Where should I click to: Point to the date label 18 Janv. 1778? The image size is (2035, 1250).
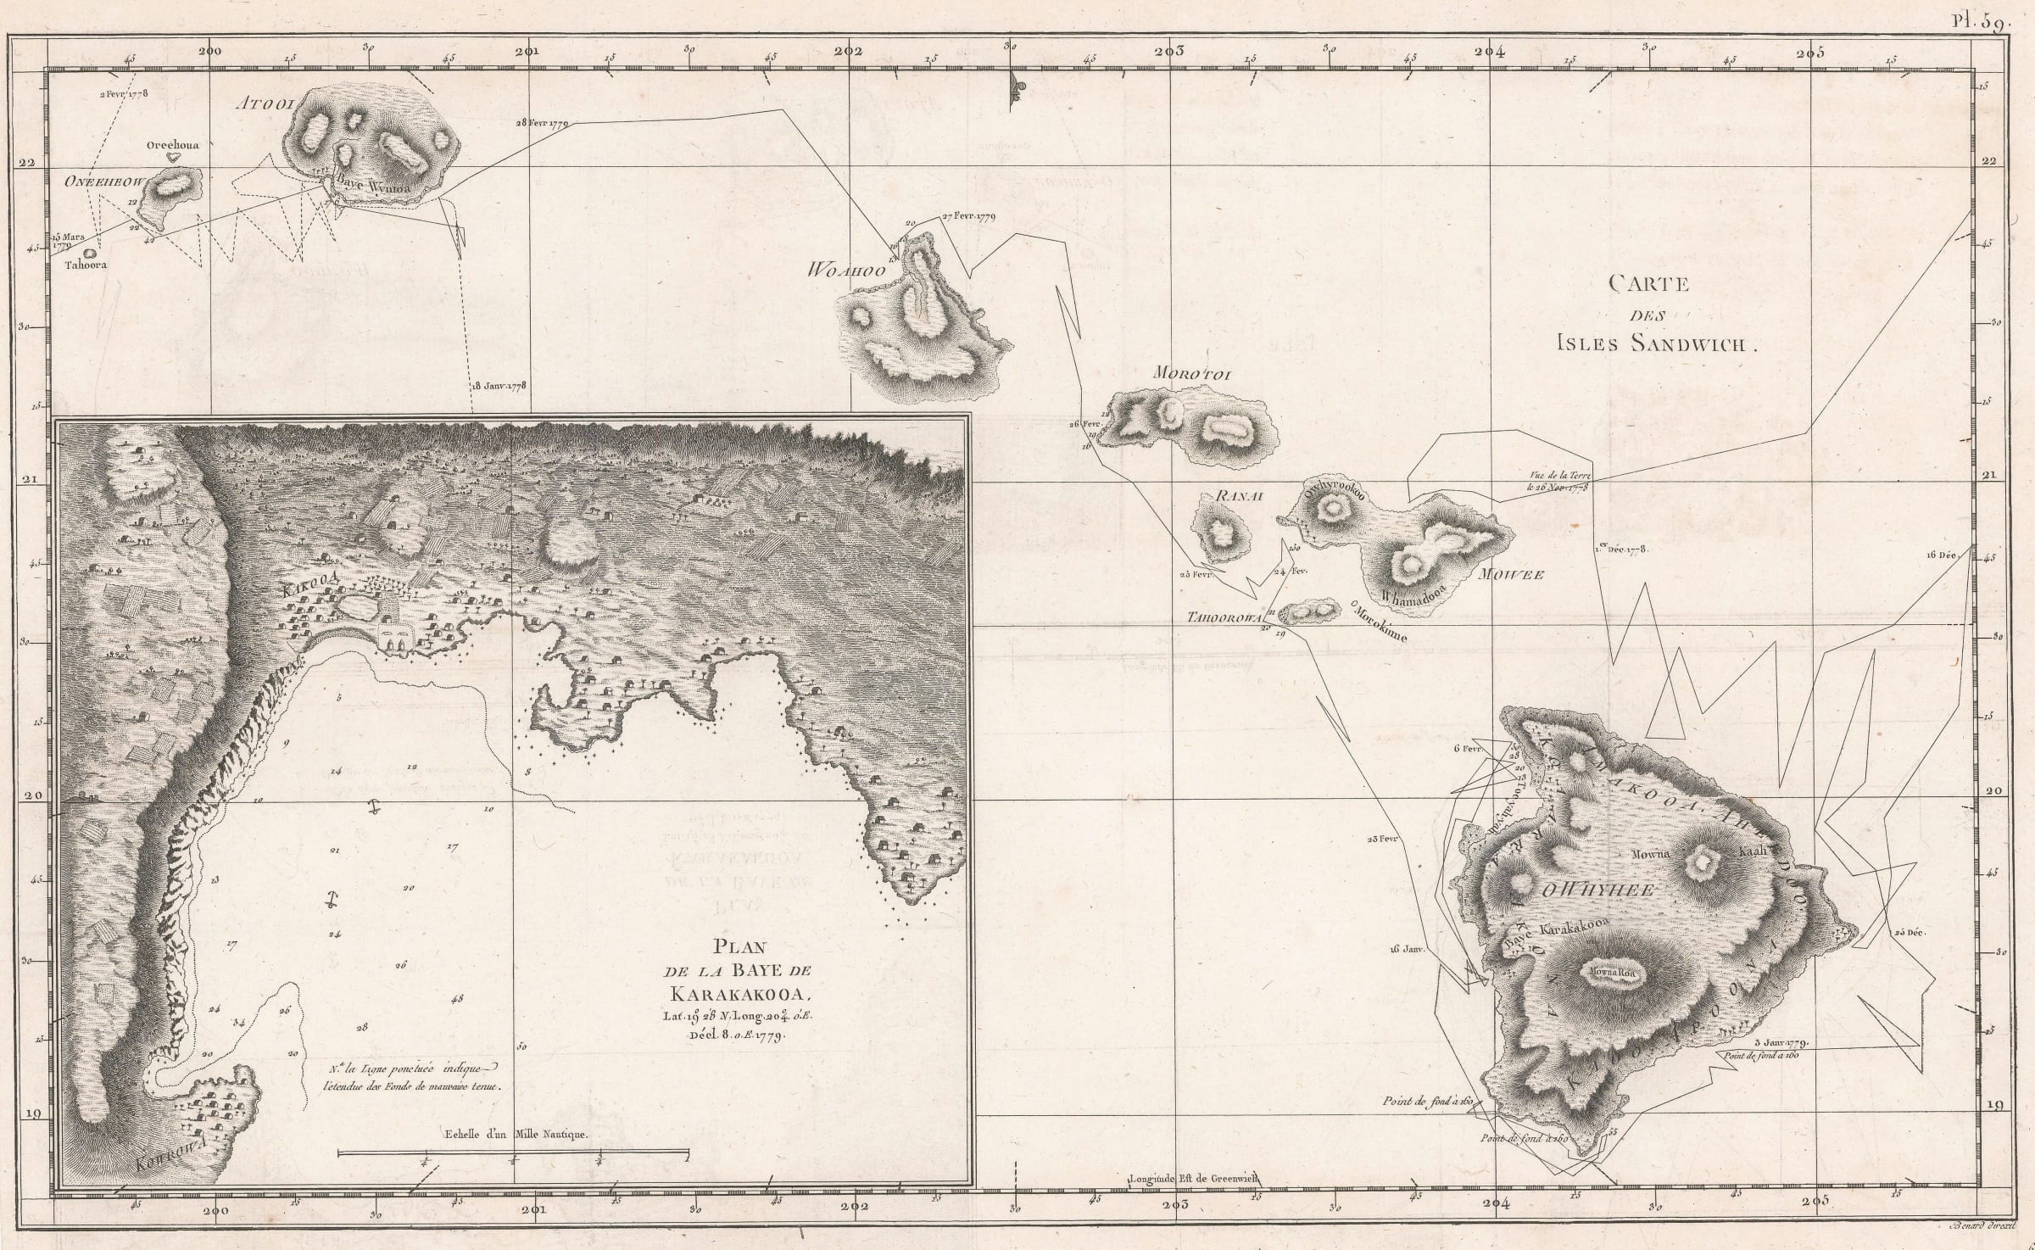[499, 386]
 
